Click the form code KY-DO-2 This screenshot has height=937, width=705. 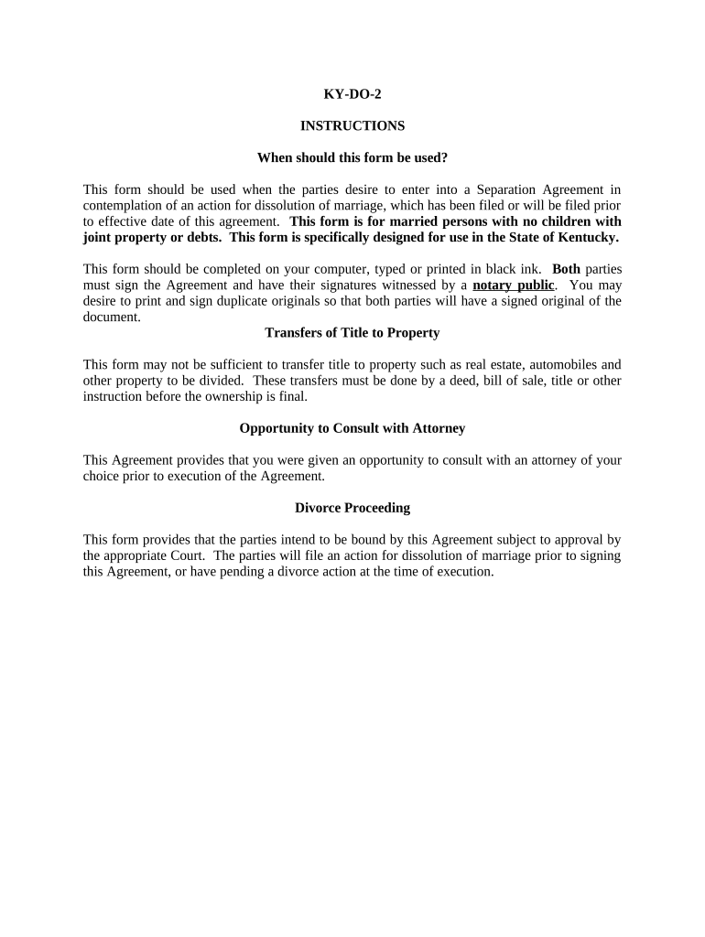tap(352, 94)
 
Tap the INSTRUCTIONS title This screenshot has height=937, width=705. tap(352, 125)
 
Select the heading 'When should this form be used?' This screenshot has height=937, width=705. tap(352, 157)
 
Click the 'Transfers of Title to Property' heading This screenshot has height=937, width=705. tap(352, 333)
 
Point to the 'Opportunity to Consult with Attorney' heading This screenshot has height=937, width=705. tap(352, 428)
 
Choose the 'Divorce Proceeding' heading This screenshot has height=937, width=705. tap(352, 508)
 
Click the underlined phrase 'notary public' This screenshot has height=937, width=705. tap(514, 285)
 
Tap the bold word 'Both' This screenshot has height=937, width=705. tap(566, 269)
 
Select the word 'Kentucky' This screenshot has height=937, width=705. tap(587, 238)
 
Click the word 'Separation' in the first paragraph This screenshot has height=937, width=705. tap(504, 190)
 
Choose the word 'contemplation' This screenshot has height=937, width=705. tap(122, 206)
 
